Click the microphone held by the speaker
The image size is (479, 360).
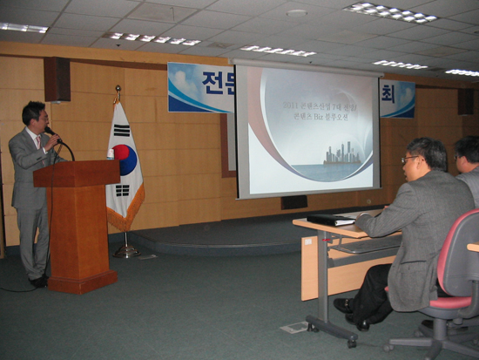pyautogui.click(x=51, y=132)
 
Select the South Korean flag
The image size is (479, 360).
pyautogui.click(x=124, y=170)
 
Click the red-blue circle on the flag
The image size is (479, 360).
pyautogui.click(x=126, y=159)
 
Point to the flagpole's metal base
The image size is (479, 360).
pyautogui.click(x=126, y=252)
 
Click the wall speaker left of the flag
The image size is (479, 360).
pyautogui.click(x=57, y=79)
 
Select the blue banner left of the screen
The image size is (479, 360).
pyautogui.click(x=200, y=88)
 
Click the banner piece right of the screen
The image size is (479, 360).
pyautogui.click(x=397, y=98)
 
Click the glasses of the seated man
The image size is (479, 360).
pyautogui.click(x=408, y=160)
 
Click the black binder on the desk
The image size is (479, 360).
pyautogui.click(x=331, y=220)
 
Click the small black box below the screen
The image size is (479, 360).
pyautogui.click(x=293, y=202)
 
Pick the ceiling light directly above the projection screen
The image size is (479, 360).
pyautogui.click(x=278, y=51)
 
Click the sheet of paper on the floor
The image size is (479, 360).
pyautogui.click(x=294, y=328)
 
